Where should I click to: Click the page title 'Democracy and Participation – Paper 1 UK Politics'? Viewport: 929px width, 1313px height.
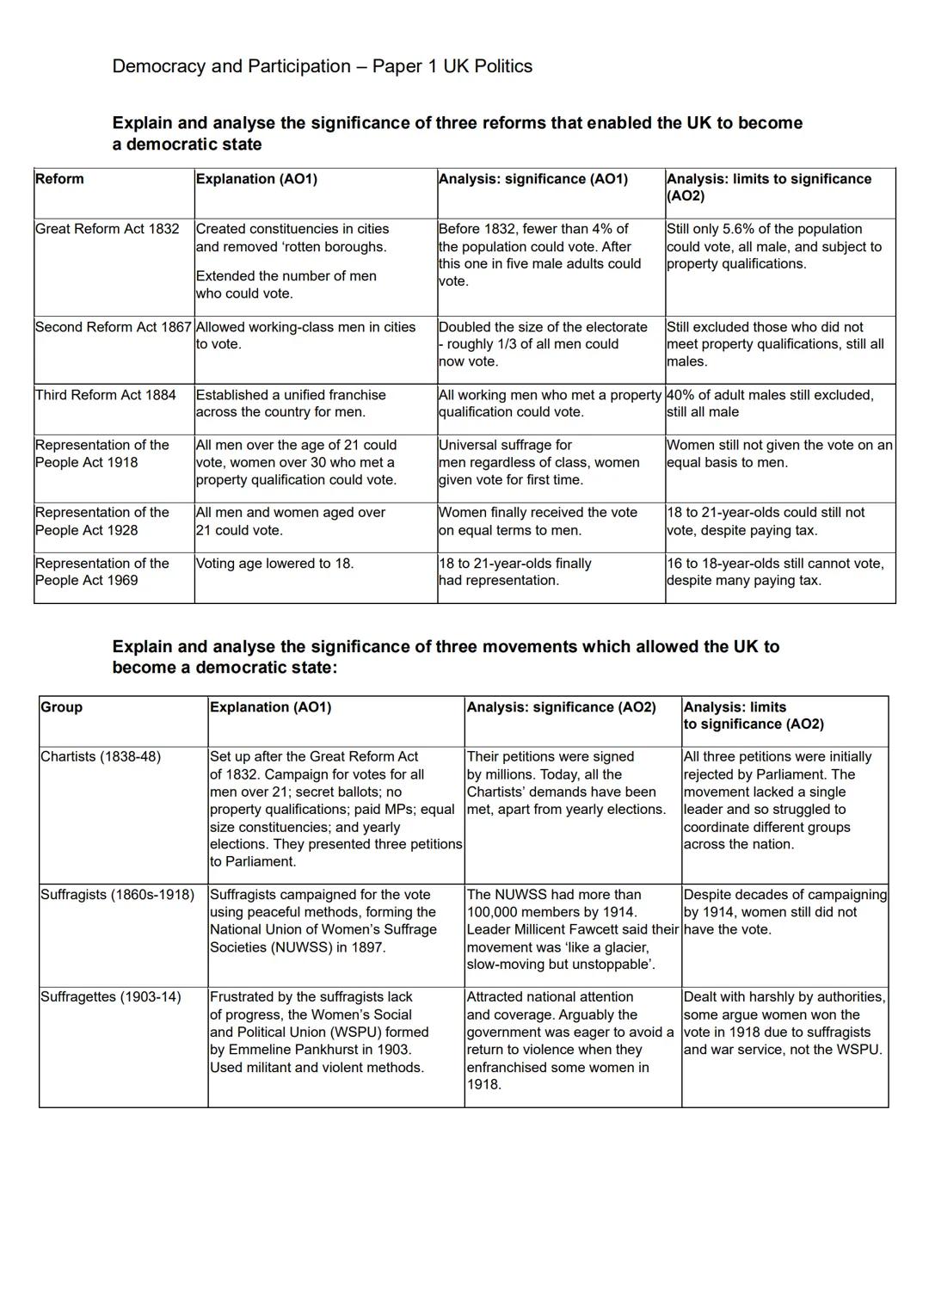[322, 66]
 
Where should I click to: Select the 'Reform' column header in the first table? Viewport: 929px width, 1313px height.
[59, 179]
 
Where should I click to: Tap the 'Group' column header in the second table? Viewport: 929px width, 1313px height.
[61, 707]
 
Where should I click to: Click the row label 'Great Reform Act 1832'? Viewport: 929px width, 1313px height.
[108, 229]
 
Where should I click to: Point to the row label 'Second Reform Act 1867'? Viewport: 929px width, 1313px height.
[114, 327]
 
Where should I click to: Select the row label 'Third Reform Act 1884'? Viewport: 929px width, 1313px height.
[106, 395]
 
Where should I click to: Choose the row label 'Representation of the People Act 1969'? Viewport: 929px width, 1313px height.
[102, 572]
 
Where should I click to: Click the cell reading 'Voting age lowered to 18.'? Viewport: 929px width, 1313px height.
[274, 564]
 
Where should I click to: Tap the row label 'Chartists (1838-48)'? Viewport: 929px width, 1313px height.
[101, 757]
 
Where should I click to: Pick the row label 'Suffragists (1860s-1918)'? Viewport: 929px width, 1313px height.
[118, 895]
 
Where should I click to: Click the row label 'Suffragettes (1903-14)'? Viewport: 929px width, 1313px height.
[111, 997]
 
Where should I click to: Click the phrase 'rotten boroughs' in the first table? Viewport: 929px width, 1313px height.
[333, 247]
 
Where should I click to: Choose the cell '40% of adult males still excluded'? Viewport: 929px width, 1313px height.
[769, 395]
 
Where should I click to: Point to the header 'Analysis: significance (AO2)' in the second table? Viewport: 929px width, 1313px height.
[561, 707]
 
